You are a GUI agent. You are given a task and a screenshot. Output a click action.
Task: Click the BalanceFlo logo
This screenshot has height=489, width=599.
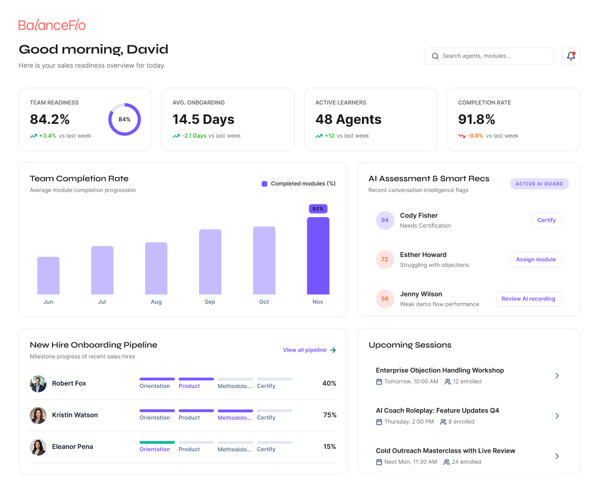(x=52, y=25)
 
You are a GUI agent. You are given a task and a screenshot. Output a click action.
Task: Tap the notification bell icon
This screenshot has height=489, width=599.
(x=571, y=56)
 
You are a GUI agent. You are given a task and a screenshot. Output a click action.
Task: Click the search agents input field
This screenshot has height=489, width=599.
(x=489, y=56)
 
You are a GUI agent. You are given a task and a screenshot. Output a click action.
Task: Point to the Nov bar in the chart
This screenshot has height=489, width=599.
(x=318, y=256)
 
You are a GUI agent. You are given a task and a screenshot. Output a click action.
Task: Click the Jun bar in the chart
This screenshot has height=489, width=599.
(x=48, y=276)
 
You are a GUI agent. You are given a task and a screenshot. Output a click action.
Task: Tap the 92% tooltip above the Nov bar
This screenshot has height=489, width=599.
(x=318, y=209)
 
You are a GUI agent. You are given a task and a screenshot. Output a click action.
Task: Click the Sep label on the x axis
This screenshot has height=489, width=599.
(x=210, y=301)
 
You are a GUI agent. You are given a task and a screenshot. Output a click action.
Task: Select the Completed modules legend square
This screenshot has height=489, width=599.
(x=264, y=184)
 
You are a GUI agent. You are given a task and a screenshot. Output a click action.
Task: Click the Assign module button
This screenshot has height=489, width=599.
(x=535, y=260)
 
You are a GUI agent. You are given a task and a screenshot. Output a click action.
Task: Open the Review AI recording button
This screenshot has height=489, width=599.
(x=528, y=299)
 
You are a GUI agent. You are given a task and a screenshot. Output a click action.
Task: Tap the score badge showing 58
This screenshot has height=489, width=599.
(x=385, y=299)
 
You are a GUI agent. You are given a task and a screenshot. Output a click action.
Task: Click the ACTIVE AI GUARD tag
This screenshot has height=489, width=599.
(x=539, y=184)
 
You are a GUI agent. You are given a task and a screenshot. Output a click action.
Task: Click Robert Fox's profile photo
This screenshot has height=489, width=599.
(x=38, y=384)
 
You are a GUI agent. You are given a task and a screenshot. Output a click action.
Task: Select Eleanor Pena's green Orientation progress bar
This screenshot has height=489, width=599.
(x=157, y=442)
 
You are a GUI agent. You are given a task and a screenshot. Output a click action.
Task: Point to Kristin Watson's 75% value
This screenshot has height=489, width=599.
(x=330, y=415)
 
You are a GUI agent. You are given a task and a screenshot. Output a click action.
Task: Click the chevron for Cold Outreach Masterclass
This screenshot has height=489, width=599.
(x=557, y=456)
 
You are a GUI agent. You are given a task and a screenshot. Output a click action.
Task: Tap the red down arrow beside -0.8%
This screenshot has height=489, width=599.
(x=462, y=136)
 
